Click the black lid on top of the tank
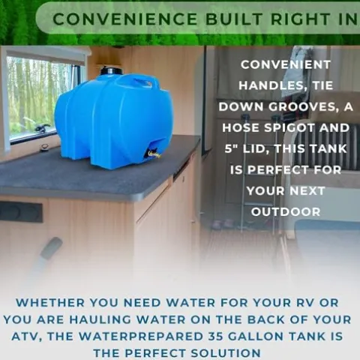tap(111, 70)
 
